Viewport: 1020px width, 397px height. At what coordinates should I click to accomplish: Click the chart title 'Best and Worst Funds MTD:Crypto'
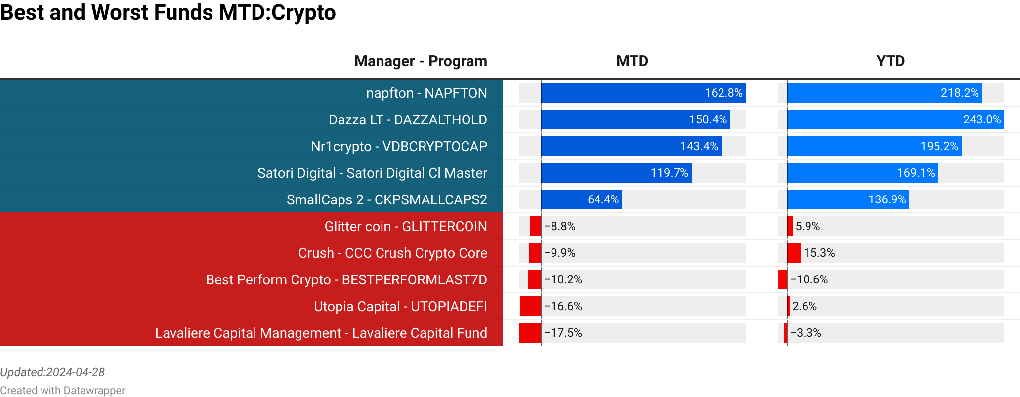click(168, 13)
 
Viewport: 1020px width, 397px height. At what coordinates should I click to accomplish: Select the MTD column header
click(632, 61)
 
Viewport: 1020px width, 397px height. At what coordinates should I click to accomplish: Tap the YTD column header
click(891, 61)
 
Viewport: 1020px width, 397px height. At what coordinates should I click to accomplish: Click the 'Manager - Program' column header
click(421, 61)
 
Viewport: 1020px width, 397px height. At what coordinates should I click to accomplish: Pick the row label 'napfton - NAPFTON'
click(426, 93)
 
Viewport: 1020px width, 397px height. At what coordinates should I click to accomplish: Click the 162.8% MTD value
click(723, 93)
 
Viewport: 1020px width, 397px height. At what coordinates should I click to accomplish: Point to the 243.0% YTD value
click(981, 120)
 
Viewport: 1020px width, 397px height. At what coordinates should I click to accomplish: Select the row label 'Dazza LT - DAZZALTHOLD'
click(408, 120)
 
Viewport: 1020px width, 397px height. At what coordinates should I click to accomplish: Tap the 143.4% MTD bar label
click(699, 147)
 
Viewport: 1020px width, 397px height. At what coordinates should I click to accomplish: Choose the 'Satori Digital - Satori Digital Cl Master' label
click(372, 173)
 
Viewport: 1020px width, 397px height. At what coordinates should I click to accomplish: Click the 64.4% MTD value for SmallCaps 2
click(603, 200)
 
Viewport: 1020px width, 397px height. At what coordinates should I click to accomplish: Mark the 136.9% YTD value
click(887, 200)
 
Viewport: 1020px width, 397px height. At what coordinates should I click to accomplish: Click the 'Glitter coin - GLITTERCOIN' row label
click(406, 227)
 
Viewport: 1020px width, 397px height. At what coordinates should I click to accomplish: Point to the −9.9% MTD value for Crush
click(560, 253)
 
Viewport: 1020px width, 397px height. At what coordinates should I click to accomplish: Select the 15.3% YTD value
click(819, 253)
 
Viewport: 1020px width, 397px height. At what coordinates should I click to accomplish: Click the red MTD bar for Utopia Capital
click(530, 306)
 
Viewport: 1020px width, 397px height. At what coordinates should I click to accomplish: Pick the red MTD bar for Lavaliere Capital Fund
click(530, 333)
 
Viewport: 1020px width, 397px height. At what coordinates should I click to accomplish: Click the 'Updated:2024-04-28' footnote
click(52, 372)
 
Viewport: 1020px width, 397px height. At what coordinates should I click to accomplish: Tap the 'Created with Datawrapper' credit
click(63, 391)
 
